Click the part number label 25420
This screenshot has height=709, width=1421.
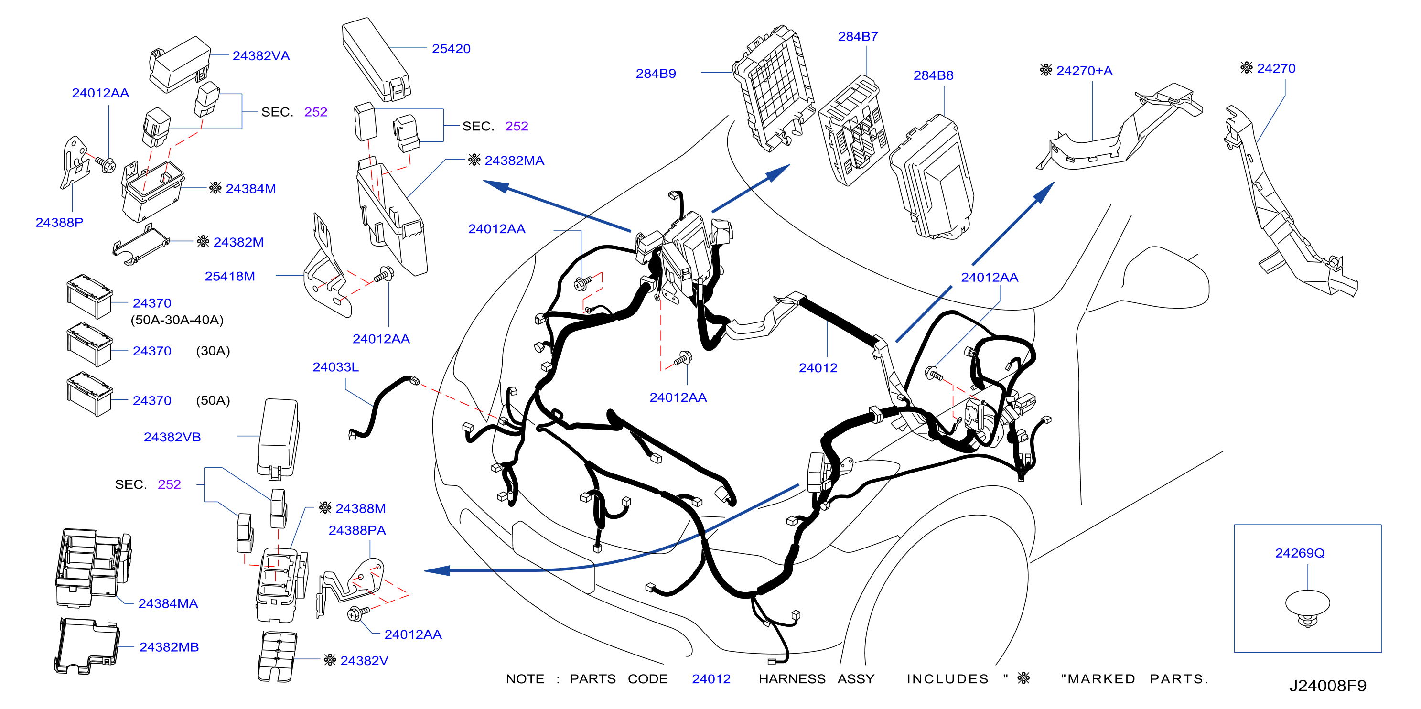451,49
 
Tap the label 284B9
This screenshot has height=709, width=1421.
656,74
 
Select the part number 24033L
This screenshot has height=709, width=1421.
335,367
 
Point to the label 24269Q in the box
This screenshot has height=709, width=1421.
1299,553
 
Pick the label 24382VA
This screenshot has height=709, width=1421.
261,56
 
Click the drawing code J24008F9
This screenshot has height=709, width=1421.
1327,685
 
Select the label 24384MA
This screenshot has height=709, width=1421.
168,603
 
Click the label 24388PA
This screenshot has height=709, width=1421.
357,530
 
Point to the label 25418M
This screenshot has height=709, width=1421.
229,277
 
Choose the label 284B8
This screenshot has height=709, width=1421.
933,75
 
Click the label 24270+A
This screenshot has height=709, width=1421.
1084,71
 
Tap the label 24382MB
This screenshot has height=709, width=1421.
169,647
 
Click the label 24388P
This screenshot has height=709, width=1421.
59,222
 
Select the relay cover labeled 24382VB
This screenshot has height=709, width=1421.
278,439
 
